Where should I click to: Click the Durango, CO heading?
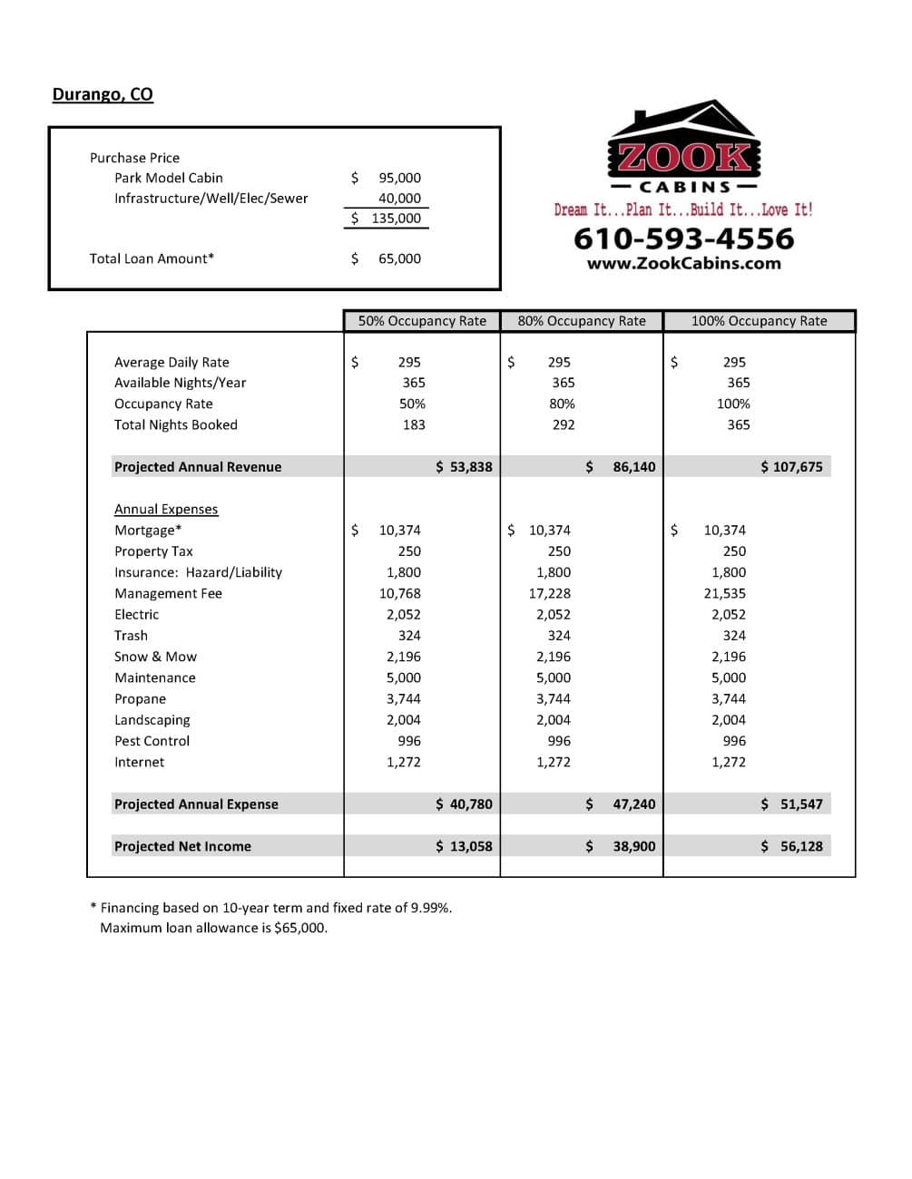(x=103, y=94)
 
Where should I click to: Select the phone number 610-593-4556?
(x=683, y=239)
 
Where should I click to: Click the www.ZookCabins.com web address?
(x=683, y=264)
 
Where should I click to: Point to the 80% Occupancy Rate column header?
(x=582, y=321)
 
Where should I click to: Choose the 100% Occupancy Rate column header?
(x=759, y=321)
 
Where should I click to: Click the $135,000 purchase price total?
(x=387, y=219)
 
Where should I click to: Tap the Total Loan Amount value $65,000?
(x=398, y=258)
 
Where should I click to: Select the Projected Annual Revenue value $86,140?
(x=633, y=467)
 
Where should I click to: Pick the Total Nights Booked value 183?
(x=414, y=424)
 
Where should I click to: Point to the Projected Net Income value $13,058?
(x=470, y=846)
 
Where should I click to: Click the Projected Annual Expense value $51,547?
(x=800, y=804)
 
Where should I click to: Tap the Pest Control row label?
(x=152, y=741)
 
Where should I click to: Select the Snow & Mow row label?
(x=155, y=657)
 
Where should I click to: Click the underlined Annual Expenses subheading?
(x=166, y=510)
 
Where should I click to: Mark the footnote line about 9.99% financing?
(x=275, y=908)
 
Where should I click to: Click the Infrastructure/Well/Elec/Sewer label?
(x=211, y=199)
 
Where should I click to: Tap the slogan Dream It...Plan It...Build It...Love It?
(x=683, y=210)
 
